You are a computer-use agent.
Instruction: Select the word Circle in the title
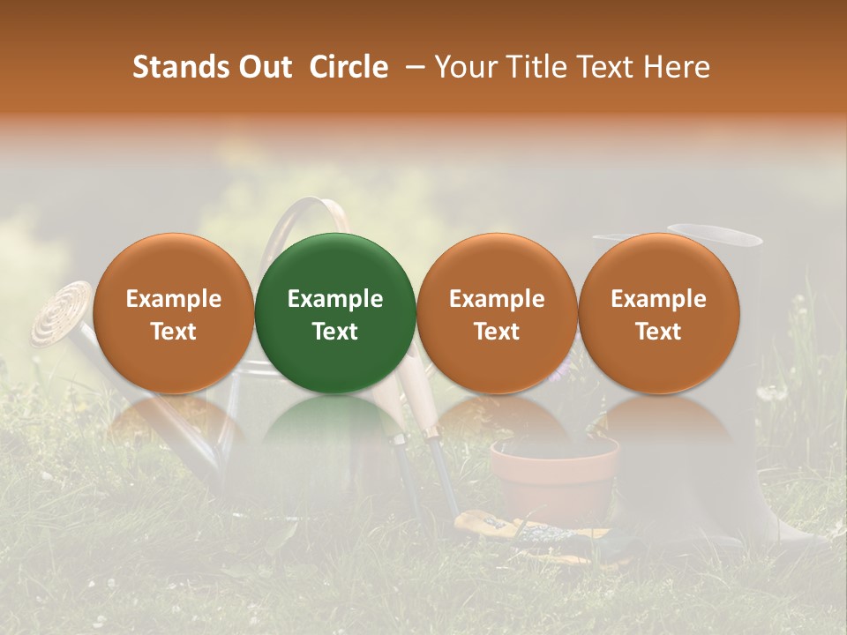click(349, 67)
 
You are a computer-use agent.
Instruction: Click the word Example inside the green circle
click(335, 299)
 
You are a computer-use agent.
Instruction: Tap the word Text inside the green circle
click(335, 332)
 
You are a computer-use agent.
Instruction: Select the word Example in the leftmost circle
click(173, 299)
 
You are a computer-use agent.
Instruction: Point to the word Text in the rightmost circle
click(658, 332)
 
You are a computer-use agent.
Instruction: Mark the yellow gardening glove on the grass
click(494, 527)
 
